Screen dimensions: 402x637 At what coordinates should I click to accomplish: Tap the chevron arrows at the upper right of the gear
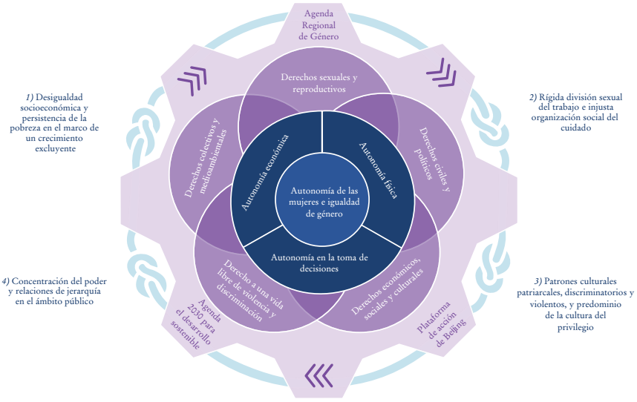pos(440,71)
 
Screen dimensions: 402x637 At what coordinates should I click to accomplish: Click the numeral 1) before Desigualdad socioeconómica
pos(30,97)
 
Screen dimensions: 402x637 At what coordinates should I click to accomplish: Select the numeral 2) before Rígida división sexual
pos(533,97)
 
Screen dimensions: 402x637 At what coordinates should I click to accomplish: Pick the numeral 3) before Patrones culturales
pos(538,282)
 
